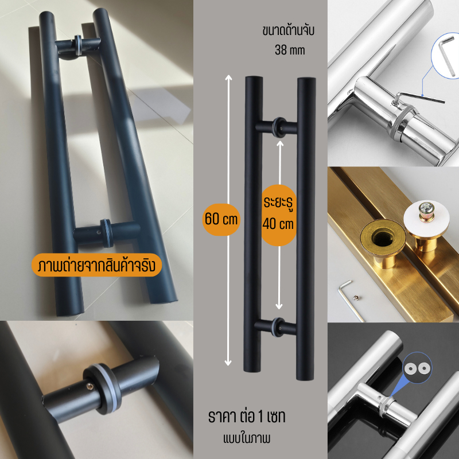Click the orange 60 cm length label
(x=221, y=219)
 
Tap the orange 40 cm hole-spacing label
(x=278, y=215)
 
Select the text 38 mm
(x=290, y=50)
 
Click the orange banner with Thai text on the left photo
(x=96, y=265)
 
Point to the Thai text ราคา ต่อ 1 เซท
(x=247, y=417)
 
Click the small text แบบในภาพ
(x=247, y=438)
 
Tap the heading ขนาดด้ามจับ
(x=289, y=31)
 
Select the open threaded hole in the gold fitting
(x=382, y=236)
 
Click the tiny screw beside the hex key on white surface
(x=356, y=298)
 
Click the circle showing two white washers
(x=417, y=367)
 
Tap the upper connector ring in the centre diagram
(x=279, y=127)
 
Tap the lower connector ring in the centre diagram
(x=278, y=327)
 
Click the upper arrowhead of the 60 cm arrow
(x=228, y=77)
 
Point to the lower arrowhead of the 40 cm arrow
(x=279, y=306)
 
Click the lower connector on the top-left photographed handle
(x=107, y=233)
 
